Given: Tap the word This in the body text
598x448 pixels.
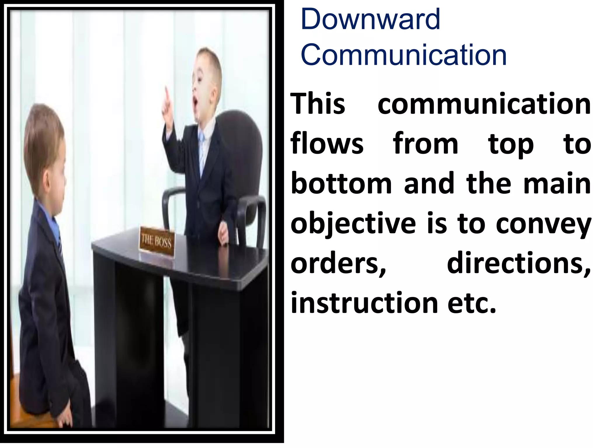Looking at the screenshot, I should click(318, 104).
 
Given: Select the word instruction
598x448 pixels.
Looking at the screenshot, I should click(364, 303).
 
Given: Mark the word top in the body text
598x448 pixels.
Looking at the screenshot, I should click(511, 145).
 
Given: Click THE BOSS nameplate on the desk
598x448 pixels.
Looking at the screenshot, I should click(157, 242).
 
